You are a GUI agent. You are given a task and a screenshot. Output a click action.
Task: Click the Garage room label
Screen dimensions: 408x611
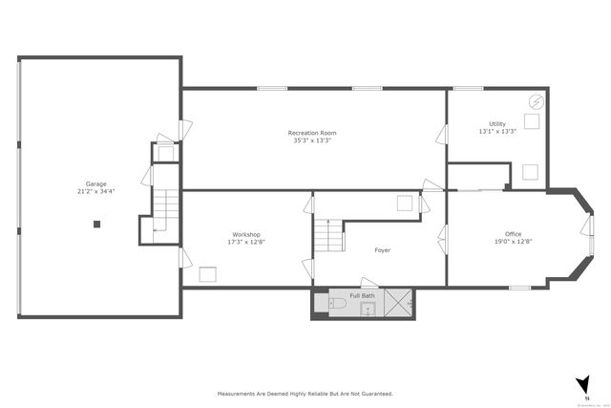pos(95,183)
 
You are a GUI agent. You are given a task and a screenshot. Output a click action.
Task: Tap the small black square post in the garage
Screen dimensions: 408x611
pos(96,225)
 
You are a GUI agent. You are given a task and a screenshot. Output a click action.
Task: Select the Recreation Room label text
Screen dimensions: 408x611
pos(312,133)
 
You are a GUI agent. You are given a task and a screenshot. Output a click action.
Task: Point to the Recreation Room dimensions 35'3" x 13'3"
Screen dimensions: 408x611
pos(312,141)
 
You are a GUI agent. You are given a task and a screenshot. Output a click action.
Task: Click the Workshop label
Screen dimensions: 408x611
pos(245,235)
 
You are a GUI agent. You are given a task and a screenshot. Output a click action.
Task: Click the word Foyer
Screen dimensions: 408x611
pos(382,250)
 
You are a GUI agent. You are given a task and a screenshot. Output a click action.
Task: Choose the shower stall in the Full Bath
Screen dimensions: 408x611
pos(400,304)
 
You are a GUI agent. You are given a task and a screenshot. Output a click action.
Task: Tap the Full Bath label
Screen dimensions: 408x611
pos(362,295)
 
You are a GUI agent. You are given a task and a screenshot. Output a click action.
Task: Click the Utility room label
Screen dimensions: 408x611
pos(497,123)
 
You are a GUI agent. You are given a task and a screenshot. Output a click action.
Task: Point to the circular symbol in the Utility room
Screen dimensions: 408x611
pos(536,102)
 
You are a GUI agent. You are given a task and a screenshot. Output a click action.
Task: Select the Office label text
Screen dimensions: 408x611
pos(513,234)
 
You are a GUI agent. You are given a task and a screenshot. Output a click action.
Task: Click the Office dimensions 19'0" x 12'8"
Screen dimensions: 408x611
pos(513,243)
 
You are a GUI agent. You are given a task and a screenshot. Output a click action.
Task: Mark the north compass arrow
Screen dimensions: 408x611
pos(582,385)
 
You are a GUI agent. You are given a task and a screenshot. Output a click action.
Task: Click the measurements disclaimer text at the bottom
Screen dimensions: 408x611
pos(305,393)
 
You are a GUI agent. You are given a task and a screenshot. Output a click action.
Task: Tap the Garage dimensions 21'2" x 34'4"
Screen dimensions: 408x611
pos(95,192)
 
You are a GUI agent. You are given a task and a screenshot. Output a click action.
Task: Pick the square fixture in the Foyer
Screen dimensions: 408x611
pos(405,202)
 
